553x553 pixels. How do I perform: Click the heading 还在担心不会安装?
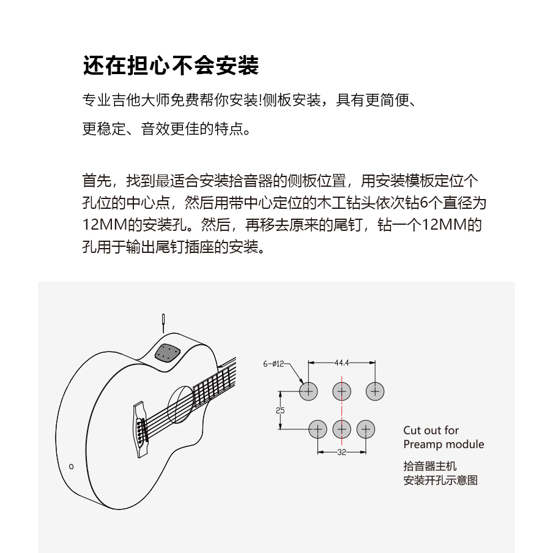coord(171,66)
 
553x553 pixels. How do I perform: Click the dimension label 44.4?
coord(341,363)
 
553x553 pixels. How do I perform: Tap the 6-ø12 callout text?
coord(273,364)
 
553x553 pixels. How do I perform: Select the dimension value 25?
coord(280,410)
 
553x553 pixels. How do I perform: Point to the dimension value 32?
coord(341,453)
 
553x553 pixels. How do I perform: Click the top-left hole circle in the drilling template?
coord(308,391)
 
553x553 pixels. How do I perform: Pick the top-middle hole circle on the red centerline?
coord(341,391)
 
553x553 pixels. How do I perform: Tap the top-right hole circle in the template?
coord(375,391)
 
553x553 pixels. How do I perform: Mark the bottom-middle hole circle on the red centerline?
coord(341,429)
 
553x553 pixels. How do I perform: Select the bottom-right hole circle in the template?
coord(365,429)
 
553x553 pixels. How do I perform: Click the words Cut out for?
coord(431,431)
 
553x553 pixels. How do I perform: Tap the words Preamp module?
coord(444,445)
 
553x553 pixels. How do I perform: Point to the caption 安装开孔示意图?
coord(440,481)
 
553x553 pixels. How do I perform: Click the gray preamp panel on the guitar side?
coord(168,353)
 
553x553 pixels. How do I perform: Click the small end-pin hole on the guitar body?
coord(72,467)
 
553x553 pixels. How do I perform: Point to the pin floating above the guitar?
coord(163,321)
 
